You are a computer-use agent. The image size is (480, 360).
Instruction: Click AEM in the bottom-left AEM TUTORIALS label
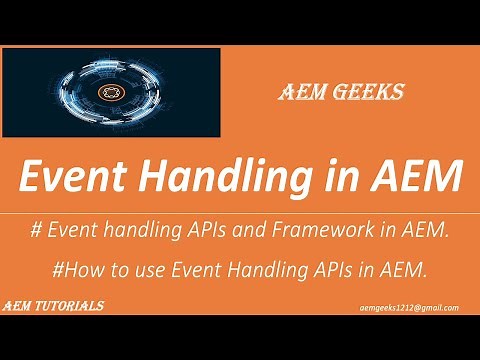(x=17, y=307)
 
